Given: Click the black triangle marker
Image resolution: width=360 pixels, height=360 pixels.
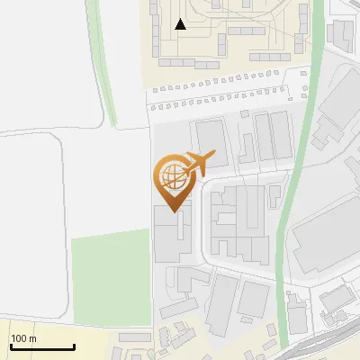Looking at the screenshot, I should (181, 24).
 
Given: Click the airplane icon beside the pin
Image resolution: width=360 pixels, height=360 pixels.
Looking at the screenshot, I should (199, 163).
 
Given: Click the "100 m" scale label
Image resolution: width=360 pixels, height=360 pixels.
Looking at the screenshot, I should (23, 338).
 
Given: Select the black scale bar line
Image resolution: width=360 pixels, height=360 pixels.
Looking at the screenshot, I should (41, 347).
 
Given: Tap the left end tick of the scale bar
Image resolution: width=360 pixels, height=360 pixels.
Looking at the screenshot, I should (10, 346).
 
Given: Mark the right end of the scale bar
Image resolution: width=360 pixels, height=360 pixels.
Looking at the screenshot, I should (74, 346).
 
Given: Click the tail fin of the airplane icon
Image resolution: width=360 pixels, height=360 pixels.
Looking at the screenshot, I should (210, 155).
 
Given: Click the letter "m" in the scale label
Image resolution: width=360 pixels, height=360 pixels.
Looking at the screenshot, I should (32, 338).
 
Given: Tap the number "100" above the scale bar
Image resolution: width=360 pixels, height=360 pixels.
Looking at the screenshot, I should (19, 338).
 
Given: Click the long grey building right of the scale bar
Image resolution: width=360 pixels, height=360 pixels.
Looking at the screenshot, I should (135, 337).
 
